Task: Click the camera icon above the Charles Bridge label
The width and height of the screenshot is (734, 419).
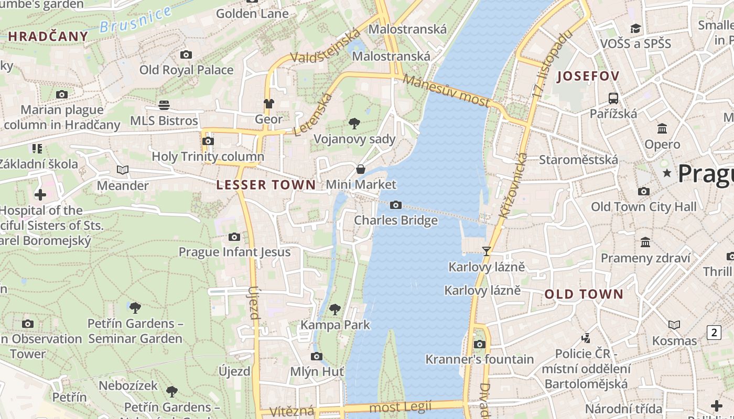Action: coord(396,205)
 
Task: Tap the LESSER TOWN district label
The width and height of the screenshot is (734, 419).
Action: coord(266,185)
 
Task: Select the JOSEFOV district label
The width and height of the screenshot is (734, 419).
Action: coord(588,76)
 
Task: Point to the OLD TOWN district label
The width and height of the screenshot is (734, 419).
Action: coord(584,294)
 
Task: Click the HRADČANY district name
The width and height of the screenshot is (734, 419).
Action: coord(48,36)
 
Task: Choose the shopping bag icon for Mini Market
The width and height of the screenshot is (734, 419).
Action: coord(361,169)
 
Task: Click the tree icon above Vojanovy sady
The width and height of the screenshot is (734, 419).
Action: coord(354,124)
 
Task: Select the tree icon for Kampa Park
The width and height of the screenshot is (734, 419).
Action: coord(335,310)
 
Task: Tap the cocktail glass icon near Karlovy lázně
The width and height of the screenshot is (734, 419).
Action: coord(487,251)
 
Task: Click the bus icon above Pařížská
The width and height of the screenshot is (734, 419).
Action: coord(613,98)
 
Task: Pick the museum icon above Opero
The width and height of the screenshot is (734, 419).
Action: coord(662,128)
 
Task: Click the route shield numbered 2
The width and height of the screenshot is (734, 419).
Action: coord(714,332)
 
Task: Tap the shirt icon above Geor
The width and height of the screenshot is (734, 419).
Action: coord(269,104)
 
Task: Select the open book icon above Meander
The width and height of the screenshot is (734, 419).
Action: coord(123,170)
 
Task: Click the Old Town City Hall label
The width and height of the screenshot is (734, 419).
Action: coord(644,207)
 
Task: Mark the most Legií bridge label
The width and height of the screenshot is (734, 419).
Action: coord(401,406)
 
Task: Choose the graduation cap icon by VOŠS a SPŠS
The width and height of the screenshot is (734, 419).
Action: coord(636,28)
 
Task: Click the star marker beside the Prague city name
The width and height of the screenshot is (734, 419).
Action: coord(667,172)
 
